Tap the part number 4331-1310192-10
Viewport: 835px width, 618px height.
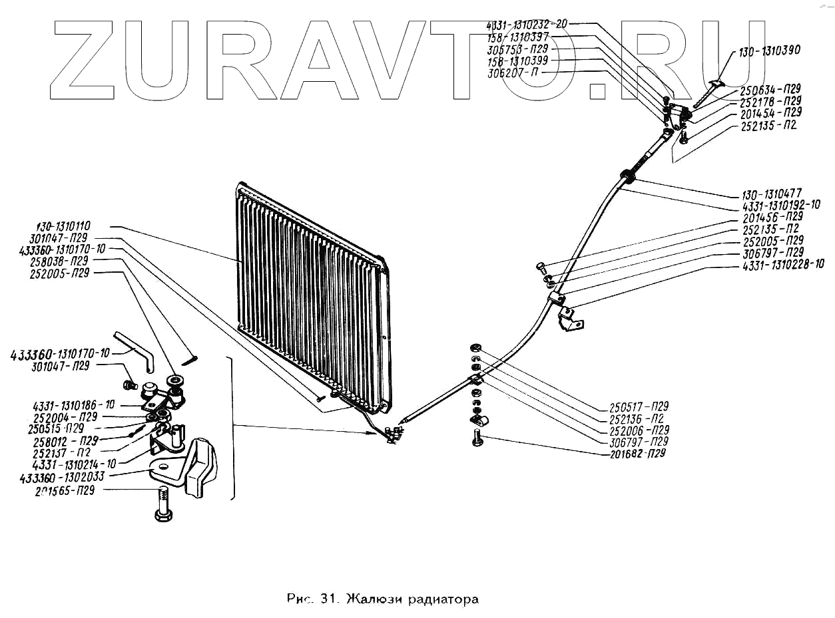(x=780, y=206)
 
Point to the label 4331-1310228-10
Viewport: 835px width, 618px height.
(x=784, y=265)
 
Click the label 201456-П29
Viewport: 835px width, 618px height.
(x=772, y=217)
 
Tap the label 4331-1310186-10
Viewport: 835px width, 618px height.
(x=73, y=405)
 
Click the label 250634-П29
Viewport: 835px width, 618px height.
(x=771, y=90)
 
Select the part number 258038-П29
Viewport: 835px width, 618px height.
(x=59, y=261)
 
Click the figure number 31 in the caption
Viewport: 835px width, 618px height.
(x=326, y=598)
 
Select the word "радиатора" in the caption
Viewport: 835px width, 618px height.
(x=445, y=598)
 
